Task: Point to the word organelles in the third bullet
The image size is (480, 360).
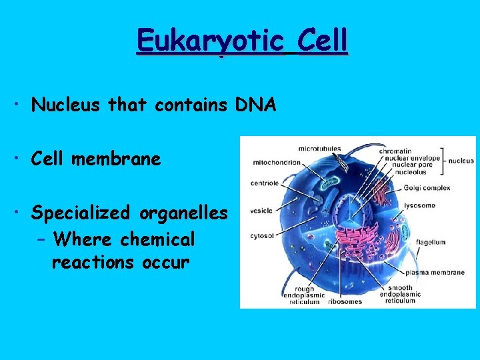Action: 184,213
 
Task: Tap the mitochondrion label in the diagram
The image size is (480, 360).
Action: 276,161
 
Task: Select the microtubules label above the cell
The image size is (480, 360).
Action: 319,148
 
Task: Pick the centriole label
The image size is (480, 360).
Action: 264,182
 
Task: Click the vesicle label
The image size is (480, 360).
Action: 261,211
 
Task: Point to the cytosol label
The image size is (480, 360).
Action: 263,235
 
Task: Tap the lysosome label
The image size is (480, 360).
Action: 419,205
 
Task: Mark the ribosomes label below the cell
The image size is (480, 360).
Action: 345,301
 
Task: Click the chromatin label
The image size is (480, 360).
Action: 395,151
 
